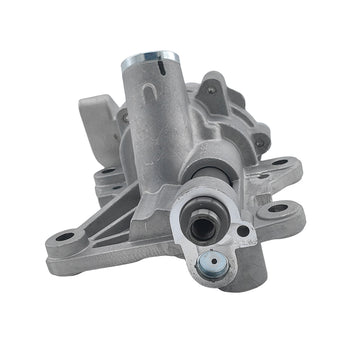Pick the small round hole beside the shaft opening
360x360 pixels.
pos(244,231)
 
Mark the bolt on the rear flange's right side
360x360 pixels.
pos(263,142)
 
